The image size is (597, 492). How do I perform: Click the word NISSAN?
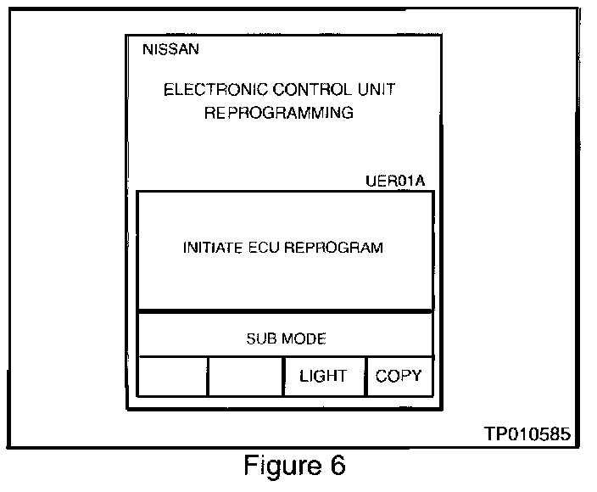point(172,49)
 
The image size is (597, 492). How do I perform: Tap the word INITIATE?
point(211,249)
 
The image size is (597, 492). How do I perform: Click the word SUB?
point(259,339)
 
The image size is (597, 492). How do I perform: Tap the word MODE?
point(304,339)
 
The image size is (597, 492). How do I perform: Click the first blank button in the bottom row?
point(172,377)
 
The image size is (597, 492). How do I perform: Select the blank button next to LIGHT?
point(245,377)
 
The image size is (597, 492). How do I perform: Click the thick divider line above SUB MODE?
point(285,311)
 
